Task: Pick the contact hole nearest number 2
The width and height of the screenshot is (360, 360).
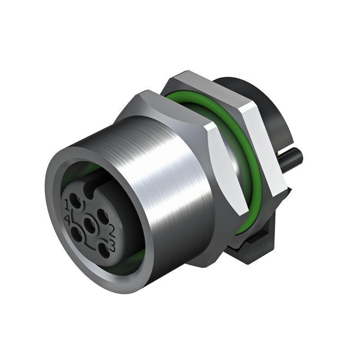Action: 102,216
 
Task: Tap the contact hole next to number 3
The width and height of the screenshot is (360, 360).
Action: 104,250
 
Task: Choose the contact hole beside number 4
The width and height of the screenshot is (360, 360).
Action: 77,234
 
